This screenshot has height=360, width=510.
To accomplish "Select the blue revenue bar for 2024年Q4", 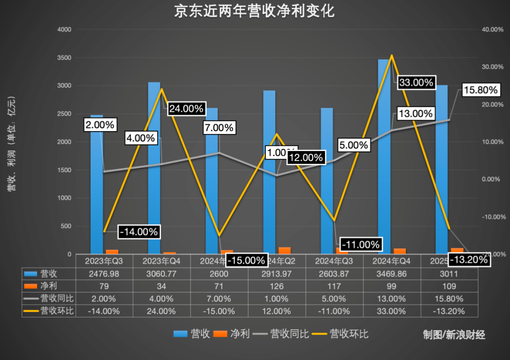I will coord(384,156).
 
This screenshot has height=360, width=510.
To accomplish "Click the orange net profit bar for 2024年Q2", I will coord(285,251).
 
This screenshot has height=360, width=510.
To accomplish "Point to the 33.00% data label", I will coord(416,83).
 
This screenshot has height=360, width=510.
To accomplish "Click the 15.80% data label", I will coord(480,90).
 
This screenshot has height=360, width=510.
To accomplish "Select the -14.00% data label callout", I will coord(138,232).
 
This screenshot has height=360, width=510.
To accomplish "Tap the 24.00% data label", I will coord(186,109).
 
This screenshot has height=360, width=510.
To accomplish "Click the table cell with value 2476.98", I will coord(104,274).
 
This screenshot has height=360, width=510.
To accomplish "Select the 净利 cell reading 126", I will coord(277,286).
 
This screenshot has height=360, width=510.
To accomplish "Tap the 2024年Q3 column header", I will coord(334,261).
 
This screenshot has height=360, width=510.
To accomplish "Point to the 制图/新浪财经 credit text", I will coord(454,335).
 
